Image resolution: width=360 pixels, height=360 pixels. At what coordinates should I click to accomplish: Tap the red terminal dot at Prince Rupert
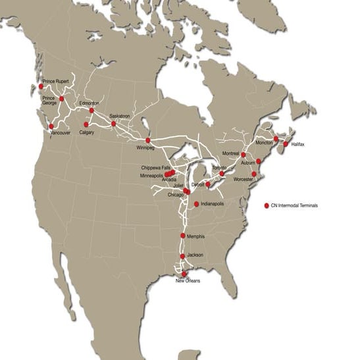pos(41,86)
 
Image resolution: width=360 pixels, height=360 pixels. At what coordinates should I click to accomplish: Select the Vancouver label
pos(61,132)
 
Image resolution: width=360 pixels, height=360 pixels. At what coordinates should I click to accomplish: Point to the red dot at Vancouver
pos(51,126)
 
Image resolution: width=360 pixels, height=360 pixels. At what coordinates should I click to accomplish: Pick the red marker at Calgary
pos(86,124)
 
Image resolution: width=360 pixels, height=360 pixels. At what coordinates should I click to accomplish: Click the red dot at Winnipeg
pos(148,140)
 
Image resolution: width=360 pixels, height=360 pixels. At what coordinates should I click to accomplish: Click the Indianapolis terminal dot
pos(197,204)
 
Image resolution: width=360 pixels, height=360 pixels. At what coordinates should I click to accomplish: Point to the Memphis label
pos(196,236)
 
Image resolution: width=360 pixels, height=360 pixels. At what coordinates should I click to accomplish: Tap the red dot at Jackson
pos(182,256)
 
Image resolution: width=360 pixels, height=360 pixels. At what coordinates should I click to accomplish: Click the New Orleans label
pos(188,281)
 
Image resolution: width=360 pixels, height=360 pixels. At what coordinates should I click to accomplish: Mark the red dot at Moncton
pos(276,139)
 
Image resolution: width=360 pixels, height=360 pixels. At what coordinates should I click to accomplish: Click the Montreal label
pos(231,153)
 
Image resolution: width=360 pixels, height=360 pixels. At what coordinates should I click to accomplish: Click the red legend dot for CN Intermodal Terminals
pos(267,205)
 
